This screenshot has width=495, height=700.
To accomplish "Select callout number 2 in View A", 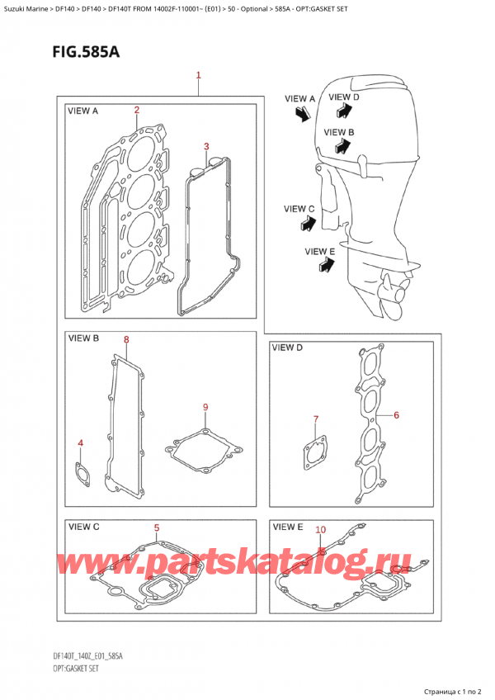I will click(137, 110).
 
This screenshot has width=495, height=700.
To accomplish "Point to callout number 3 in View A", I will click(206, 147).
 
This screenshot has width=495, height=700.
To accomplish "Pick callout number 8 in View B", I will click(126, 339).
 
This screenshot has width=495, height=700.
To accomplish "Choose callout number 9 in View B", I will click(205, 407).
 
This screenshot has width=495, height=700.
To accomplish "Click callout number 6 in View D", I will click(396, 414).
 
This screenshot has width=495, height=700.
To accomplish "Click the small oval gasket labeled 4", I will click(82, 473).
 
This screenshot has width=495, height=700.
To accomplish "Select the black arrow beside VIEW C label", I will click(308, 222).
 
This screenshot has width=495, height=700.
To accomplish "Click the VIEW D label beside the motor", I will click(343, 97).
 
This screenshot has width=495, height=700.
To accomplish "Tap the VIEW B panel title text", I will click(84, 338).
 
